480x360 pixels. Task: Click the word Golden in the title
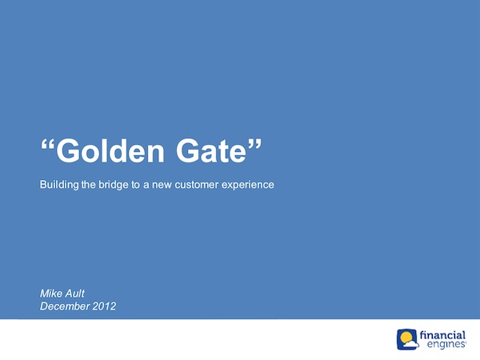[110, 151]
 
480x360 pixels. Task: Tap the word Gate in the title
[211, 151]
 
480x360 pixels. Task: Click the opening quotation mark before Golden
[47, 146]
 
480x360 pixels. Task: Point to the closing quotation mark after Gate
[255, 145]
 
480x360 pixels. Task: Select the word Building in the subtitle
[59, 185]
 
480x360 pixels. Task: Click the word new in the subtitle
[162, 186]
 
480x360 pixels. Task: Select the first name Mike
[50, 294]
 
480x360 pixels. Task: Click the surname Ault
[74, 294]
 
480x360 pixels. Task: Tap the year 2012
[104, 306]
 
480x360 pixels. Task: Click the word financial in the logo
[442, 335]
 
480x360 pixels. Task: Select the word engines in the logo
[446, 344]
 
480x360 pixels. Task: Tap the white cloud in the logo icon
[410, 344]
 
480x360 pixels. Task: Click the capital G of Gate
[187, 151]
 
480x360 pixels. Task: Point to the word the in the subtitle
[89, 185]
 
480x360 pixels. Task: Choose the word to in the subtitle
[135, 186]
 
